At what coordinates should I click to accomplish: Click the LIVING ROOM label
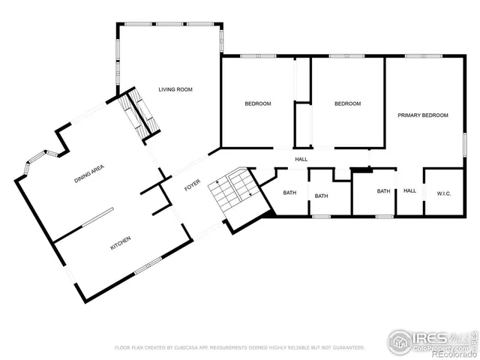tap(175, 90)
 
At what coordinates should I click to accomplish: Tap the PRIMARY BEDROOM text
tap(423, 115)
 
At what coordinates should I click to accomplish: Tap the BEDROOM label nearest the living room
tap(258, 103)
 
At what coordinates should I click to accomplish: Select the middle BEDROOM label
tap(347, 103)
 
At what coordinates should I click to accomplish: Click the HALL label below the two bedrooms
tap(301, 159)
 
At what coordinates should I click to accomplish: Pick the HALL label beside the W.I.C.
tap(409, 191)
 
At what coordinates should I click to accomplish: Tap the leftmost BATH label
tap(289, 193)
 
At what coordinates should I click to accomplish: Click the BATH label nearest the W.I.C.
tap(383, 191)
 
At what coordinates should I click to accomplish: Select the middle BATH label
tap(321, 196)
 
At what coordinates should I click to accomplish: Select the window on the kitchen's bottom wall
tap(148, 264)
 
